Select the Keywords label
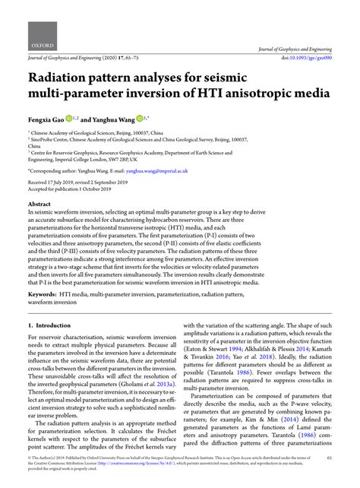[x=47, y=293]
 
